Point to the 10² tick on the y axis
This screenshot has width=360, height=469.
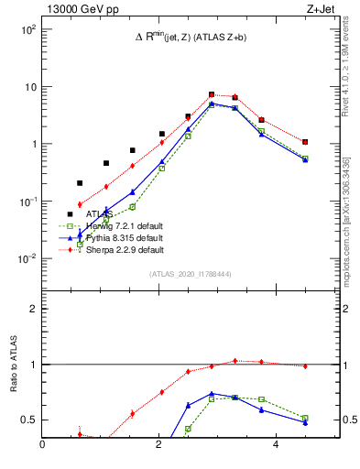click(x=27, y=29)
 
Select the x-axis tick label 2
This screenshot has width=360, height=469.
click(x=158, y=446)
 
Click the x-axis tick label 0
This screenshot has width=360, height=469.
click(x=43, y=446)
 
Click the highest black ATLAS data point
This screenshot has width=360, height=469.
click(x=212, y=94)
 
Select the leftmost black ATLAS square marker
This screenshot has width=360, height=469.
click(x=80, y=183)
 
